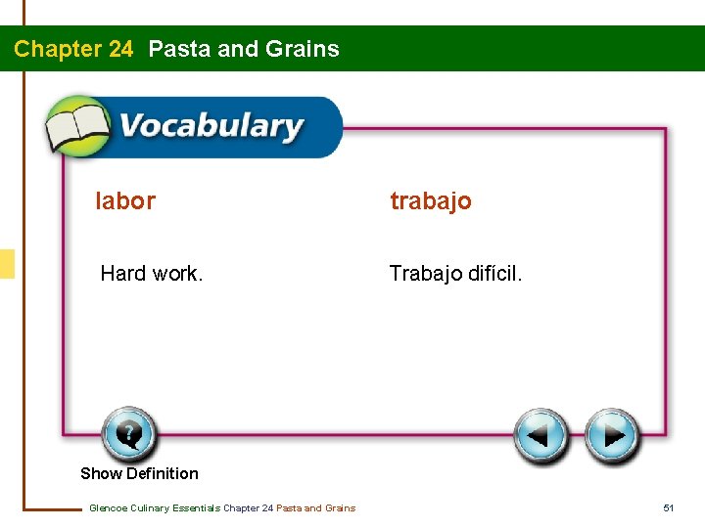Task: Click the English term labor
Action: click(x=125, y=201)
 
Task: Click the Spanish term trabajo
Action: click(x=431, y=201)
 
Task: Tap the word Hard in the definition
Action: click(x=122, y=274)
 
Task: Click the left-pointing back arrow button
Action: click(x=541, y=435)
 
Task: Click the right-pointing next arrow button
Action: click(x=613, y=435)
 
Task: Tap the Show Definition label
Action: click(x=139, y=473)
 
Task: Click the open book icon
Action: click(x=77, y=127)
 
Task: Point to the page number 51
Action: click(x=669, y=507)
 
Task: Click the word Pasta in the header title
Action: click(x=179, y=49)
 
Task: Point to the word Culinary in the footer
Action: click(x=149, y=507)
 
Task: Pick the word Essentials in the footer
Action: click(x=196, y=507)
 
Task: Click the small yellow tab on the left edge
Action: click(x=7, y=264)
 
